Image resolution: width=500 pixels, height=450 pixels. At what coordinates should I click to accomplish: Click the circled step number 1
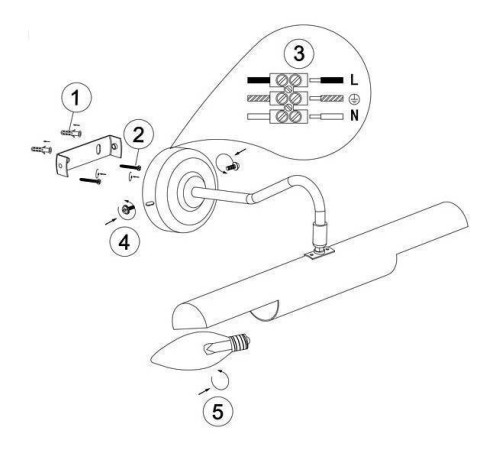[x=76, y=98]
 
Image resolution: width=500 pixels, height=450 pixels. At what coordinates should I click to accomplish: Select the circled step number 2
[x=138, y=134]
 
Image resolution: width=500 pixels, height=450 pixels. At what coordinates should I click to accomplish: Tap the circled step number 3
[x=299, y=53]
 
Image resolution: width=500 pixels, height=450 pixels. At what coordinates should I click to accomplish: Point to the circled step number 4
[x=124, y=242]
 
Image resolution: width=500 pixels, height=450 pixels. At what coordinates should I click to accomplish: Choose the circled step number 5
[x=218, y=411]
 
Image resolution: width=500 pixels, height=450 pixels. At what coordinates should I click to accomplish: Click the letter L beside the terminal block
[x=354, y=80]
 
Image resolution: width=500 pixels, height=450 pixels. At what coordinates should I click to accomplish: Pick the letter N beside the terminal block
[x=354, y=116]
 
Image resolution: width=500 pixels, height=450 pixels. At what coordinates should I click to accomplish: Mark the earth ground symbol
[x=354, y=98]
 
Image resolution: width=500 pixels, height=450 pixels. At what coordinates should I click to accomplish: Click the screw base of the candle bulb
[x=241, y=344]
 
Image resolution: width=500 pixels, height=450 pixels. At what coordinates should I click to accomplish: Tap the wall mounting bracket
[x=88, y=155]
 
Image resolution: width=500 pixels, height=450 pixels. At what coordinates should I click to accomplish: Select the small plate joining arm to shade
[x=319, y=253]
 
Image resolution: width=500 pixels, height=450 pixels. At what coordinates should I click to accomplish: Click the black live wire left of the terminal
[x=258, y=80]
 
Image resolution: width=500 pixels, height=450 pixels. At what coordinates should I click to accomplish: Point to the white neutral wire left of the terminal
[x=258, y=117]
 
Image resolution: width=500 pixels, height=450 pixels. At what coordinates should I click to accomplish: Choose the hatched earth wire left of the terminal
[x=258, y=98]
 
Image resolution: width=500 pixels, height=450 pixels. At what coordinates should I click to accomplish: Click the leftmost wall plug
[x=41, y=149]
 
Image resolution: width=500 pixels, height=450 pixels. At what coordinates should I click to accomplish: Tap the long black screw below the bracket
[x=90, y=181]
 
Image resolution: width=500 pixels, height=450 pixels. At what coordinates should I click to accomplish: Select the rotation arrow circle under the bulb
[x=220, y=380]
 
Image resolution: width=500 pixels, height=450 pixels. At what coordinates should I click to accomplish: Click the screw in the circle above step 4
[x=127, y=209]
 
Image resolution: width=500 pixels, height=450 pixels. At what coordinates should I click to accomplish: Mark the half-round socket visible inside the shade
[x=265, y=311]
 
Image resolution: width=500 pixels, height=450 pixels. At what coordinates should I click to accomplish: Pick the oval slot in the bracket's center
[x=99, y=149]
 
